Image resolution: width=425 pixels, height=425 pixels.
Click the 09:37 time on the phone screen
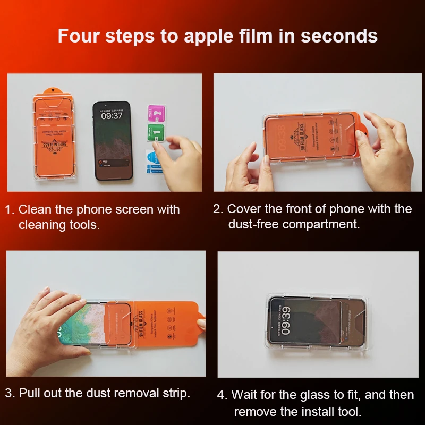[112, 115]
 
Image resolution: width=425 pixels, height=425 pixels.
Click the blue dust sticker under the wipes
[153, 159]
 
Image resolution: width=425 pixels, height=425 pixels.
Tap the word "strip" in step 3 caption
[175, 394]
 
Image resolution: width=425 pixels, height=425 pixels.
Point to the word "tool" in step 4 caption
[350, 412]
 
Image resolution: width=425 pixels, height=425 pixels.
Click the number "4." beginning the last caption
[223, 395]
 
